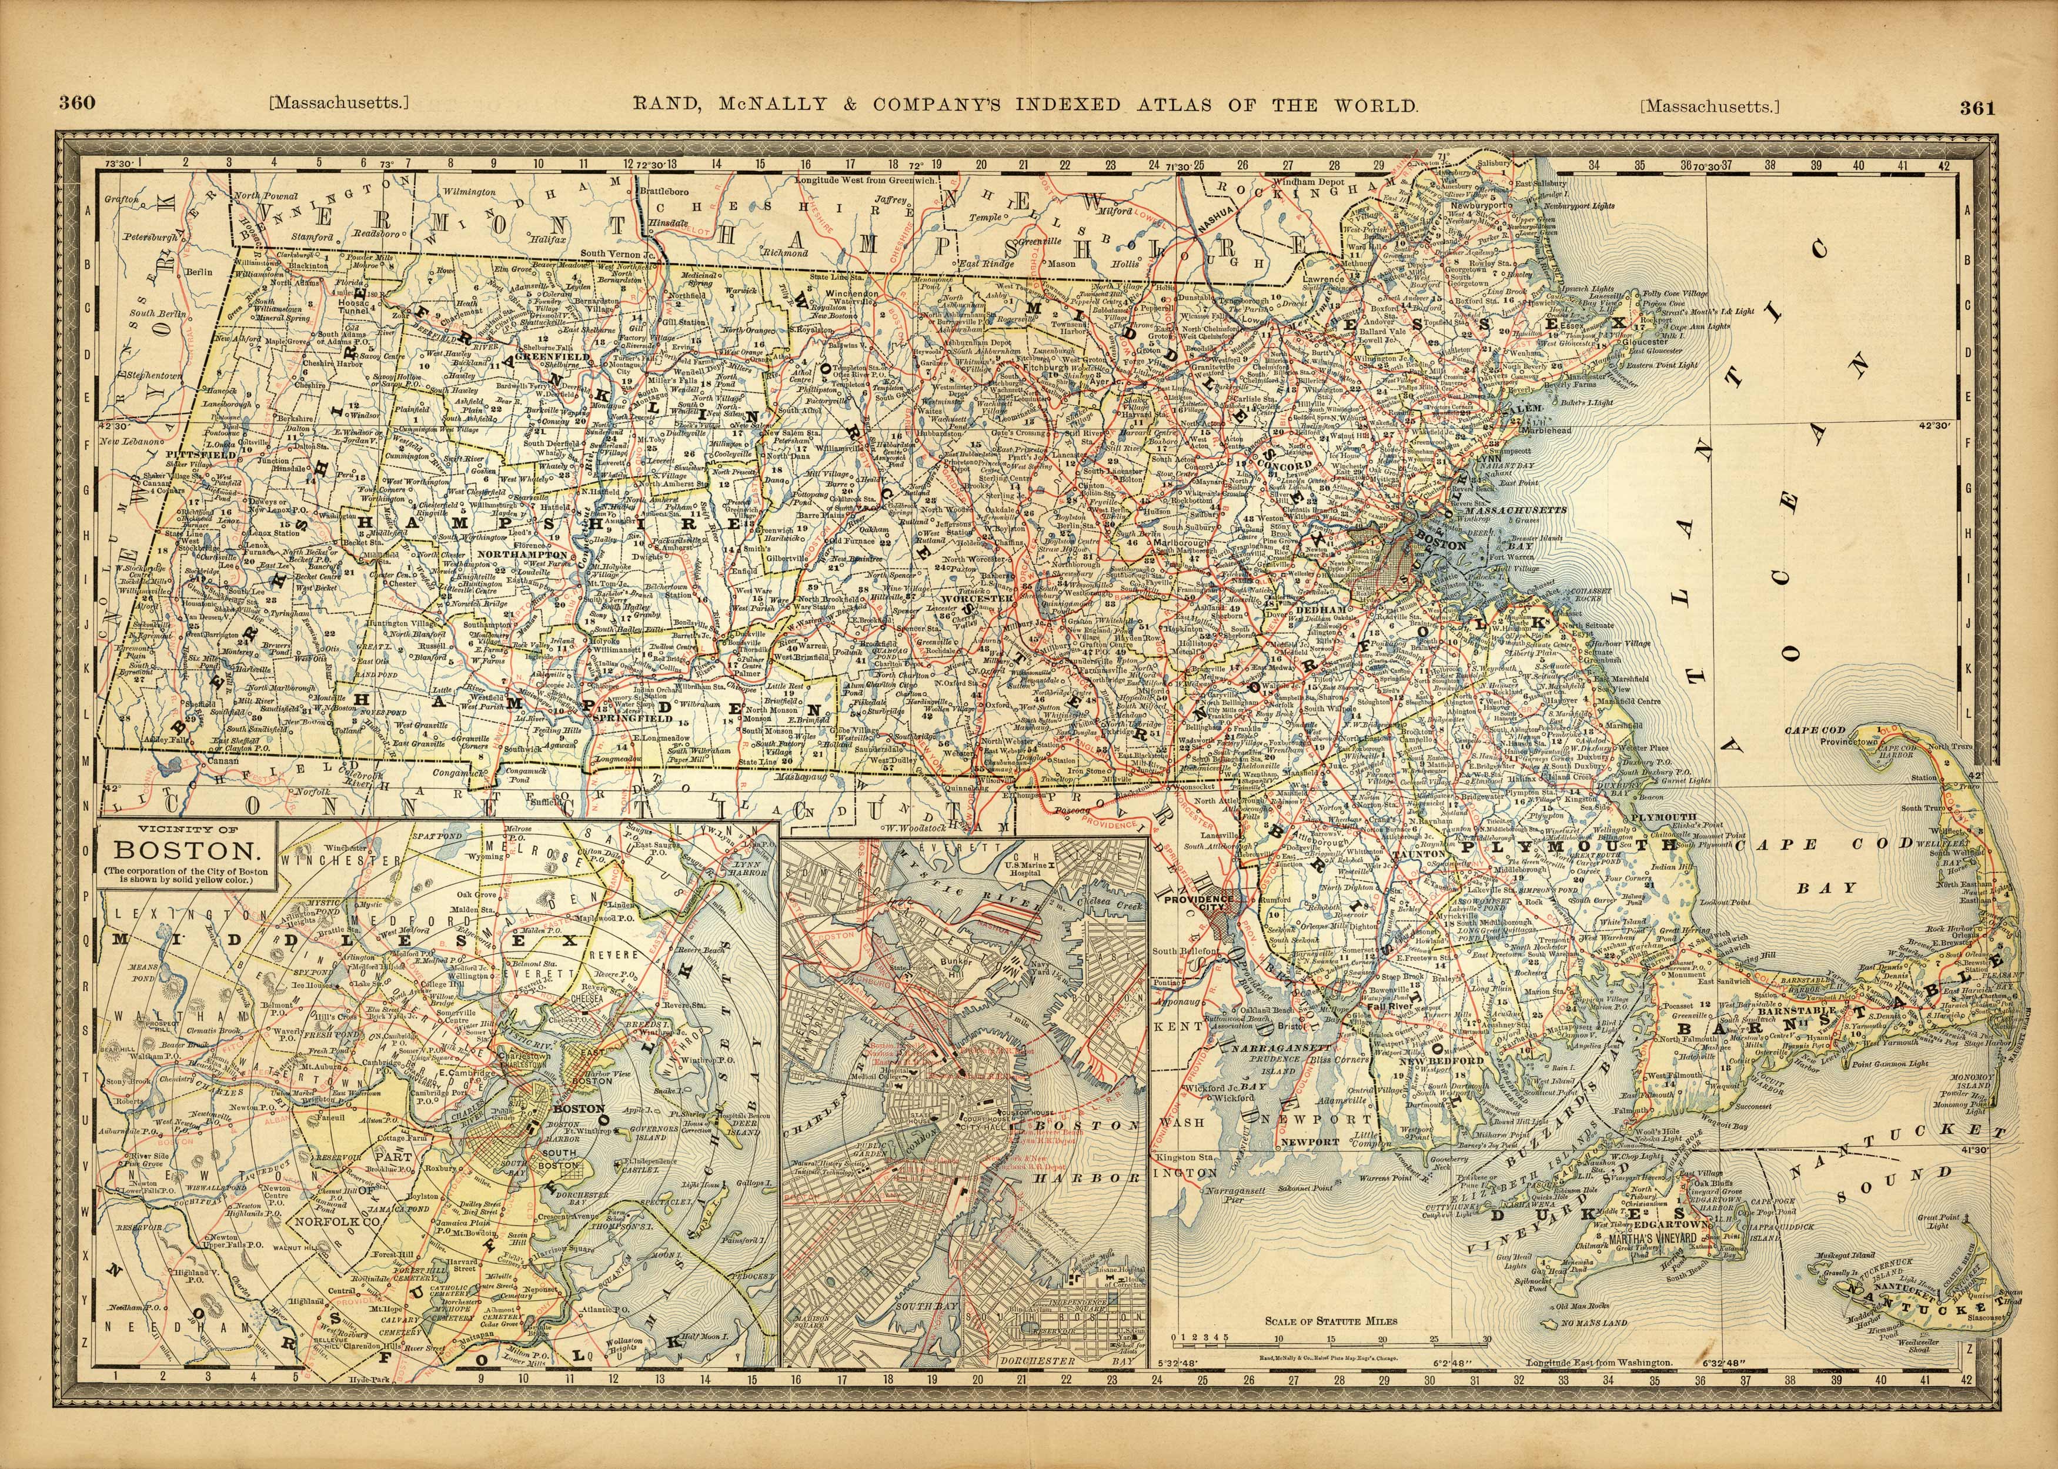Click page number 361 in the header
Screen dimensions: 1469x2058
pyautogui.click(x=1977, y=108)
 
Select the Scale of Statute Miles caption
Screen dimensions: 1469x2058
pyautogui.click(x=1331, y=1321)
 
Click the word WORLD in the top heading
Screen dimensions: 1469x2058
pyautogui.click(x=1374, y=104)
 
